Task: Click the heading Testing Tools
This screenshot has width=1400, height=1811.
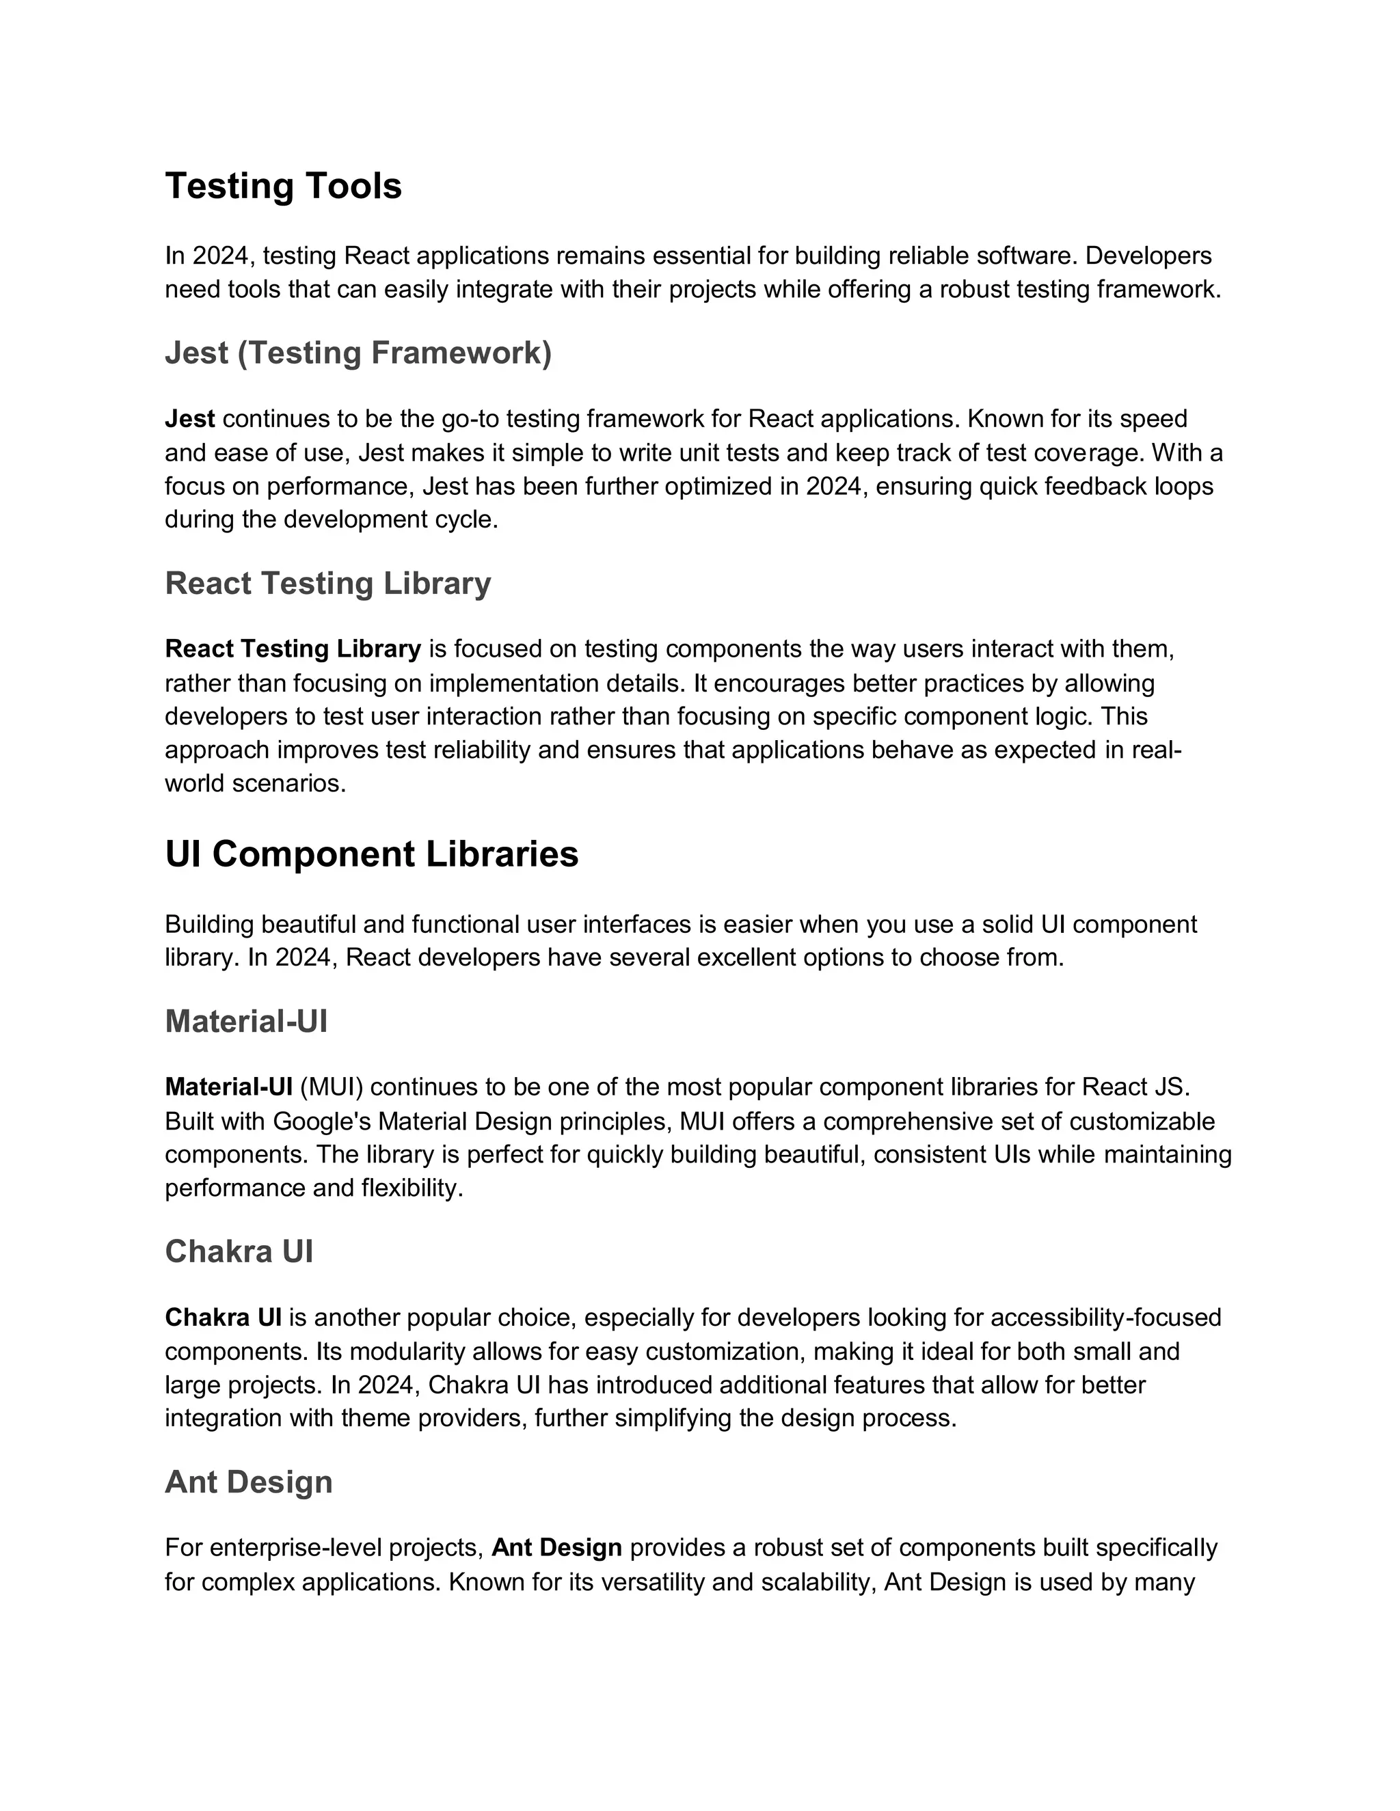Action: click(x=283, y=187)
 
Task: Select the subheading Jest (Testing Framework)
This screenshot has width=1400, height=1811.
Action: click(x=358, y=353)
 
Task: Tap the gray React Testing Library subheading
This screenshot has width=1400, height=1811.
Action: click(x=327, y=584)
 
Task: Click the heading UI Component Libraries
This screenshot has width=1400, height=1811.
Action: click(x=372, y=855)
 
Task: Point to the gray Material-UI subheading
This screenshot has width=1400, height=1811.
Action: click(x=246, y=1022)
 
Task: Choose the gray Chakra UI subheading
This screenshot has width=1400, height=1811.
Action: click(x=239, y=1252)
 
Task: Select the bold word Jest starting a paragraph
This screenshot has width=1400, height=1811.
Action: click(x=190, y=419)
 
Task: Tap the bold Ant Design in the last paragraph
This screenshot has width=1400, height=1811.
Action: click(x=556, y=1548)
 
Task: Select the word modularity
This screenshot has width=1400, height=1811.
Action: click(x=402, y=1352)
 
